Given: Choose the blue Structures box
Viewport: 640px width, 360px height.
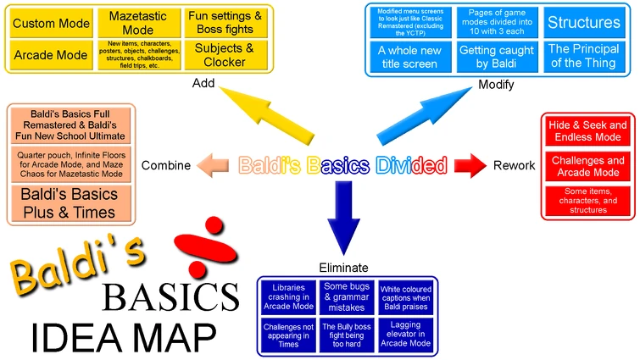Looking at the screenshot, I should click(x=582, y=23).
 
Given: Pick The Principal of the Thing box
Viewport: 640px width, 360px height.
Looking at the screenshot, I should click(x=582, y=57).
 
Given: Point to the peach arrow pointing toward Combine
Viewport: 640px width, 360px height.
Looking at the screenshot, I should click(x=214, y=164).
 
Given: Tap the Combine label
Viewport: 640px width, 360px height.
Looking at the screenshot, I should click(x=165, y=164).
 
